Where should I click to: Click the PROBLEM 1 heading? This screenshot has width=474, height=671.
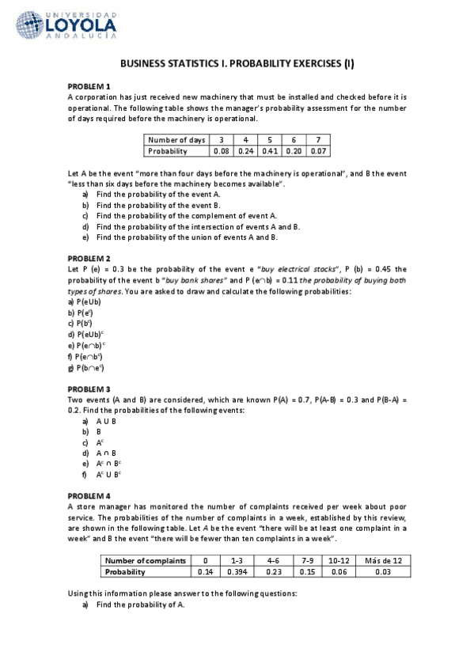click(89, 85)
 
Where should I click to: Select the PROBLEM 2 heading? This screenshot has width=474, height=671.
click(89, 259)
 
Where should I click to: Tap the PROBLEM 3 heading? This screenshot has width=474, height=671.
click(89, 389)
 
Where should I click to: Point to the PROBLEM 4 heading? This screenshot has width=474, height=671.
click(89, 495)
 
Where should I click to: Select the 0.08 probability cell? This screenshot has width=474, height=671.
click(221, 150)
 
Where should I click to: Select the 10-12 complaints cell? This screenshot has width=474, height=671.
click(339, 561)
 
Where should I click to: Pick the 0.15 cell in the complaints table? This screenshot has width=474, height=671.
click(309, 572)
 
